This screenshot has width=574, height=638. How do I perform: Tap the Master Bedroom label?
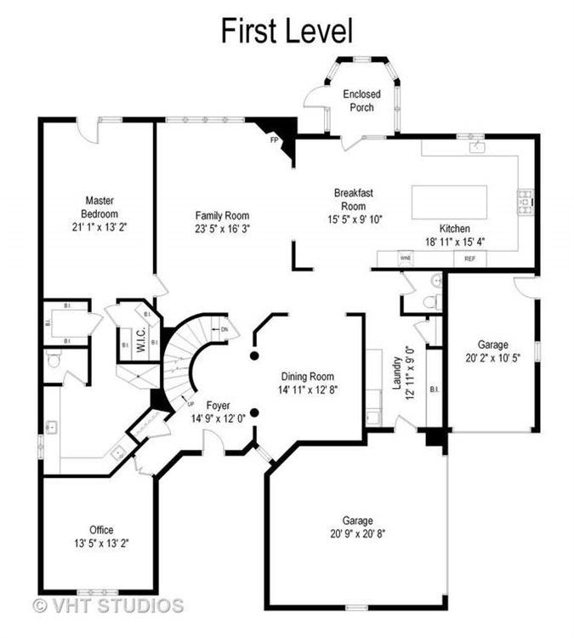coord(99,208)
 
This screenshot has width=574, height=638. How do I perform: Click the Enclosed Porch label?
coord(361,100)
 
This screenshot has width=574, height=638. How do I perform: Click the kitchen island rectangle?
coord(449,202)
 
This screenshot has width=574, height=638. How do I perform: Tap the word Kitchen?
coord(455,229)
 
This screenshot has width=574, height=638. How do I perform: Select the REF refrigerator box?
coord(469,258)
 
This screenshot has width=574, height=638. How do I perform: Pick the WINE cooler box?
coord(406,257)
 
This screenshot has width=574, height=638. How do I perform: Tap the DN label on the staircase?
coord(224,328)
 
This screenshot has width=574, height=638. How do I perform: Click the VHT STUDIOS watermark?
coord(108,606)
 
